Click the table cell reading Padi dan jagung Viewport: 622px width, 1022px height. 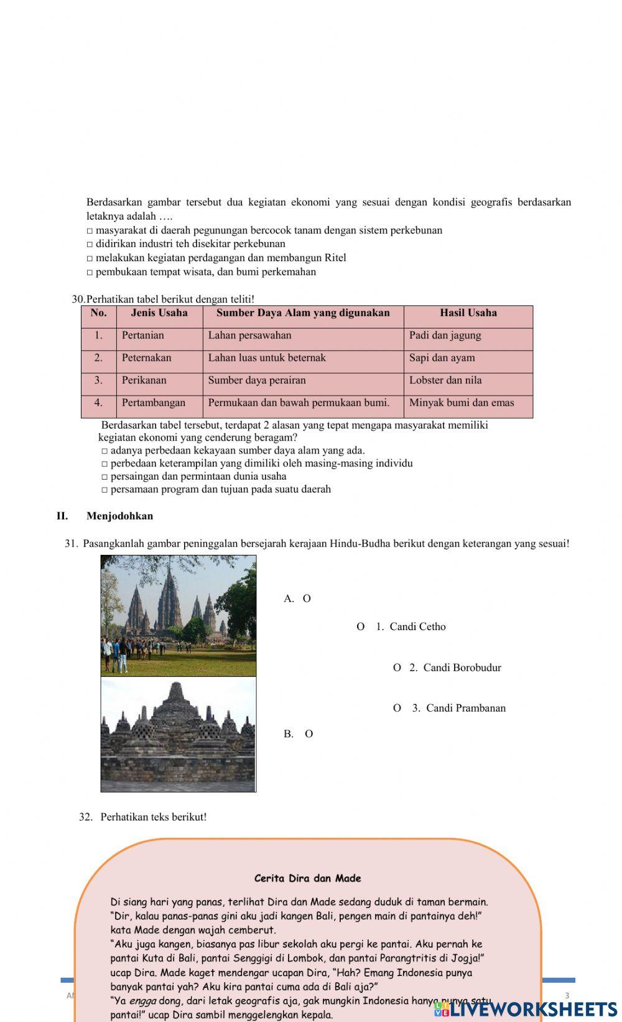tap(445, 335)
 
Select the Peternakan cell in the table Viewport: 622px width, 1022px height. tap(146, 358)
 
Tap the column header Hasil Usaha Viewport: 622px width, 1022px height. tap(468, 313)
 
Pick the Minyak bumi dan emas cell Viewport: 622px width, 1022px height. tap(462, 402)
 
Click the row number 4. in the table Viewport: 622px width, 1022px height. tap(98, 402)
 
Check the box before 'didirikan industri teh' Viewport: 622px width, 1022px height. tap(90, 244)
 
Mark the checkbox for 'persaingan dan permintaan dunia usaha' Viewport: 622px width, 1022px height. tap(104, 477)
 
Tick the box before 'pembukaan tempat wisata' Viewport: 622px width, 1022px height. tap(90, 272)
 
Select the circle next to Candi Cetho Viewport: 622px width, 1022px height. tap(360, 626)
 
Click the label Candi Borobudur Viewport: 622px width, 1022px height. tap(462, 667)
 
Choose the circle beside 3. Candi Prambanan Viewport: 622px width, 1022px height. tap(397, 708)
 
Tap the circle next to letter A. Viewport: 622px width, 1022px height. tap(307, 598)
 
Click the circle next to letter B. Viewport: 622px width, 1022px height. tap(309, 733)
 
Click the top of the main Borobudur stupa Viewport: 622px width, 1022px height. tap(177, 685)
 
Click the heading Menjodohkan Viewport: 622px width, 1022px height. tap(119, 516)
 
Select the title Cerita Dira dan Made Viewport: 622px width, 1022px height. tap(307, 878)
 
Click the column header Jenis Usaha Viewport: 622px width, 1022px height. tap(159, 313)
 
